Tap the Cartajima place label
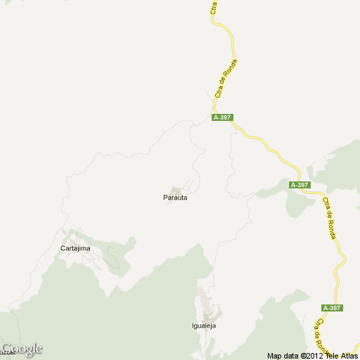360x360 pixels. pyautogui.click(x=75, y=248)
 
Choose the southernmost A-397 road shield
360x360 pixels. pyautogui.click(x=332, y=308)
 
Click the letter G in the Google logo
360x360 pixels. pyautogui.click(x=7, y=348)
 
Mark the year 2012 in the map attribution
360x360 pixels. pyautogui.click(x=311, y=355)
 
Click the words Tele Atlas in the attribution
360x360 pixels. pyautogui.click(x=341, y=355)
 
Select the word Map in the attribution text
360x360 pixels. pyautogui.click(x=274, y=355)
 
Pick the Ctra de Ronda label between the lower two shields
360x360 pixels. pyautogui.click(x=328, y=218)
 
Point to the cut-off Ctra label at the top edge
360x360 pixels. pyautogui.click(x=212, y=7)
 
